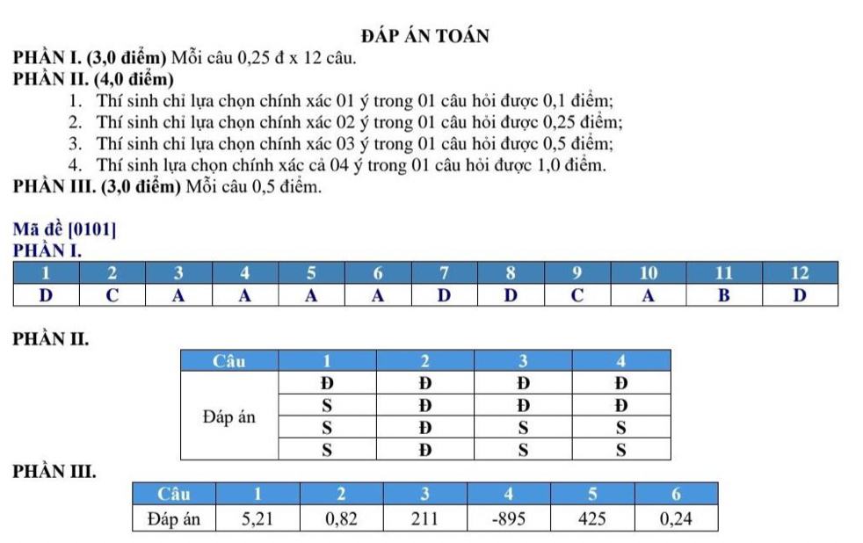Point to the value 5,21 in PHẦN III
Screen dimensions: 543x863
tap(257, 518)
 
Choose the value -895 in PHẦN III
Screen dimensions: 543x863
tap(508, 518)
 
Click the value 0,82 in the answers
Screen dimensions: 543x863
tap(341, 518)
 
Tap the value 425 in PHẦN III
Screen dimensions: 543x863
tap(592, 518)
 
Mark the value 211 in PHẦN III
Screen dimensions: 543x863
tap(424, 518)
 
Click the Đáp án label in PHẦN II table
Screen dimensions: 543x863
tap(229, 416)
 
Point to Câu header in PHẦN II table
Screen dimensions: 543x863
tap(229, 360)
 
